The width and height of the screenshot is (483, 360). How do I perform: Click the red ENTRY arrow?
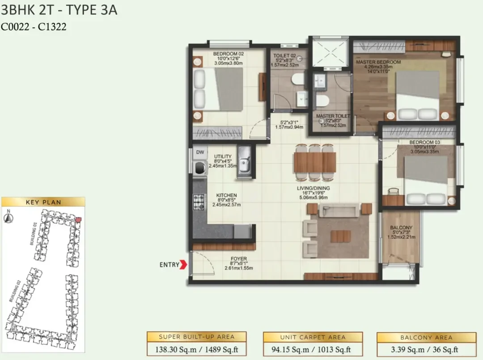[183, 265]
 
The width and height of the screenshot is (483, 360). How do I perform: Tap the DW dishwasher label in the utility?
[200, 152]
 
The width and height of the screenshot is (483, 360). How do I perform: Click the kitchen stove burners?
[199, 202]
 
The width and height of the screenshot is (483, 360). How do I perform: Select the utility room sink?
[244, 162]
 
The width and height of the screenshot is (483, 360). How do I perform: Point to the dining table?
[314, 162]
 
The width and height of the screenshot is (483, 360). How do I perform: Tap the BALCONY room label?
[401, 228]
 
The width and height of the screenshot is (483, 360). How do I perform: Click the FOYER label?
[239, 258]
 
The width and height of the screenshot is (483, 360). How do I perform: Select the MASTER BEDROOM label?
[378, 62]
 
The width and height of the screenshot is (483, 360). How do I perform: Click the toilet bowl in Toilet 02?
[297, 80]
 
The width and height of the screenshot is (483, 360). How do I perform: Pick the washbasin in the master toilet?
[320, 81]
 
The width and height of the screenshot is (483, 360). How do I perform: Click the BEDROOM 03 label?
[424, 142]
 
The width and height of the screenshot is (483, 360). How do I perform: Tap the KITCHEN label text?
[226, 195]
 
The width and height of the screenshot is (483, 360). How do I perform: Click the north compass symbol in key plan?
[8, 218]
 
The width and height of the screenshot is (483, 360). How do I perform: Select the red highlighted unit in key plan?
[79, 220]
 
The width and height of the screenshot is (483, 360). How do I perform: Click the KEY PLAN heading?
[43, 202]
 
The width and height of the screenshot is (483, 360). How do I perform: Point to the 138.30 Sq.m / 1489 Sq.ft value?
[196, 350]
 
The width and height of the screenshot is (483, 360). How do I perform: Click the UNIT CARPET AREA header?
[313, 337]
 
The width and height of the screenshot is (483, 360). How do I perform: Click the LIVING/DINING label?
[313, 188]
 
